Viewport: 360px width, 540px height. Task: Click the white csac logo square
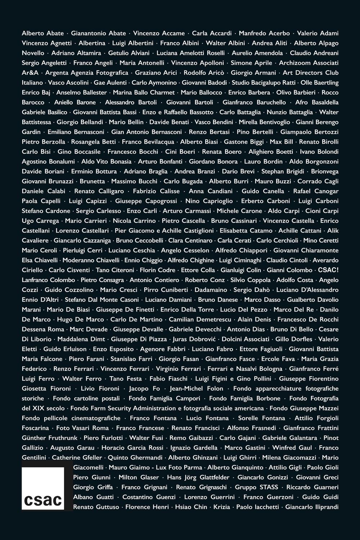[x=43, y=489]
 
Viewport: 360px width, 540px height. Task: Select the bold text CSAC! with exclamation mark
[x=328, y=270]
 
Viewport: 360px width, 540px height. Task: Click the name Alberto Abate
[x=43, y=33]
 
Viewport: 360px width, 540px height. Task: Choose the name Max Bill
[x=282, y=142]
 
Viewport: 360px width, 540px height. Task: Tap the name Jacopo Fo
[x=149, y=389]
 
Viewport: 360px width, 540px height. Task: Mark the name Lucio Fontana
[x=207, y=418]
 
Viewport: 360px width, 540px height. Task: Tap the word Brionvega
[x=325, y=171]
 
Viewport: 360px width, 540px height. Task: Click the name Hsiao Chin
[x=191, y=507]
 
